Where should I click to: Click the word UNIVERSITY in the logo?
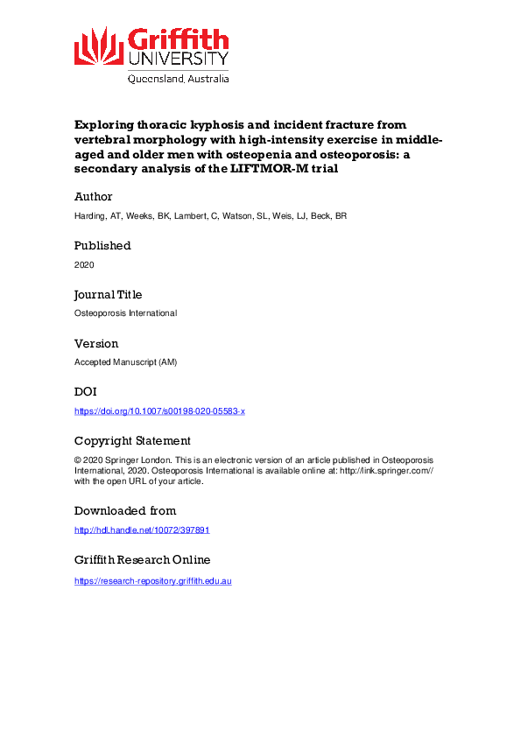179,60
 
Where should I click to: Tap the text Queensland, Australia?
179,78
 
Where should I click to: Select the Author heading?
93,197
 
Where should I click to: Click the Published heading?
102,246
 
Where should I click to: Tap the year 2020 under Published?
84,264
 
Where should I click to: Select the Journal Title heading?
108,295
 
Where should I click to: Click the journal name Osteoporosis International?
125,313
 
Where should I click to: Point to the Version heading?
96,344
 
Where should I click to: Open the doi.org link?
159,411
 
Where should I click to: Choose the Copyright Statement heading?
132,441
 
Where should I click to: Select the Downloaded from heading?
124,510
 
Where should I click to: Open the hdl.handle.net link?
142,530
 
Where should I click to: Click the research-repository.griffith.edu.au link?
152,580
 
